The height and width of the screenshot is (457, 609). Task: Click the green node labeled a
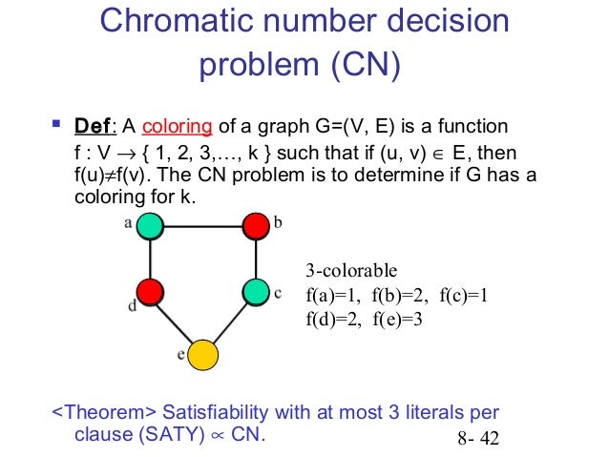click(x=150, y=226)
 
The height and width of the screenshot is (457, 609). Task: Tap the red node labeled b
click(x=255, y=226)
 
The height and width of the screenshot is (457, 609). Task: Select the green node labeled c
click(x=255, y=290)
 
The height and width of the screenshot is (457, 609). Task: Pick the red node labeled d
click(x=150, y=290)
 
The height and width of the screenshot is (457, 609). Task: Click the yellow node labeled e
click(x=202, y=355)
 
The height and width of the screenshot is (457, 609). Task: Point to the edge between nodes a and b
click(x=202, y=226)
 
